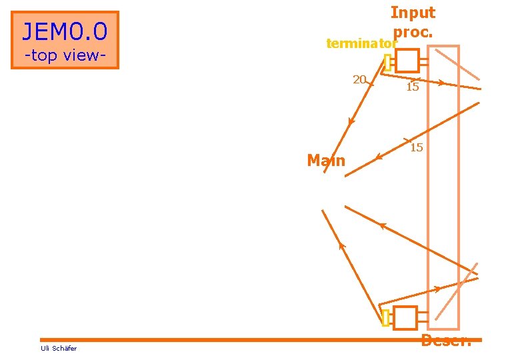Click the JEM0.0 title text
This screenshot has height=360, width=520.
point(65,31)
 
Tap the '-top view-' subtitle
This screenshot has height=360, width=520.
point(65,55)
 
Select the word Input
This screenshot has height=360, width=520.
point(413,13)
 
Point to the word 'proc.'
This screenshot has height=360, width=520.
point(413,31)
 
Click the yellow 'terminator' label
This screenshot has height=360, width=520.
point(361,44)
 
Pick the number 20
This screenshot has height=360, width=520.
point(359,79)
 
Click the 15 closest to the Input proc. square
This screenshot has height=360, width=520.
point(412,87)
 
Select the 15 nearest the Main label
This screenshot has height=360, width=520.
point(416,147)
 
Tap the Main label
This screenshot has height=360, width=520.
point(326,161)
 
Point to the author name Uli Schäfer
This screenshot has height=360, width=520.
point(59,348)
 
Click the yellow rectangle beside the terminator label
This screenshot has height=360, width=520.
point(387,62)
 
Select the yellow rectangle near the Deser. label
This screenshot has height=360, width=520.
point(385,318)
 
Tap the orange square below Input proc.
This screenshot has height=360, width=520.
point(407,61)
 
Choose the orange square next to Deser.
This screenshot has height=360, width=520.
point(405,318)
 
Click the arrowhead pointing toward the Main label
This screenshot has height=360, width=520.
point(379,157)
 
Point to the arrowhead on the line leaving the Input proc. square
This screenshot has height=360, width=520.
point(441,83)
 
